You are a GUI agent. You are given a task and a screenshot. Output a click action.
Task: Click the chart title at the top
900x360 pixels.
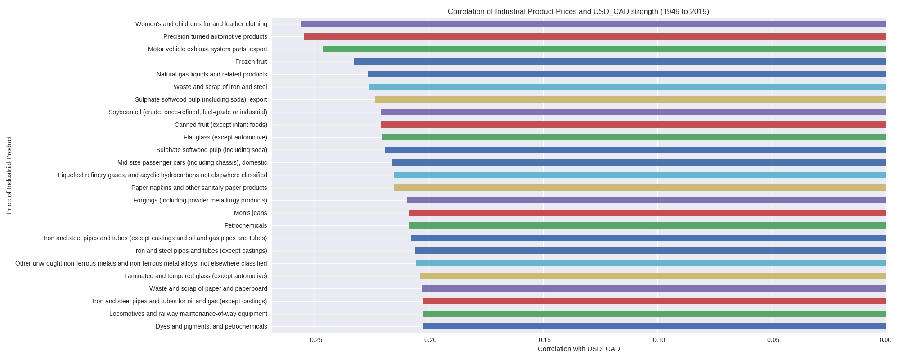(578, 12)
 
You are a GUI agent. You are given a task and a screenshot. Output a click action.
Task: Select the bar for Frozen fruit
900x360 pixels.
(619, 62)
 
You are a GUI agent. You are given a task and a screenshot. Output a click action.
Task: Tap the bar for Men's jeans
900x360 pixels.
(647, 213)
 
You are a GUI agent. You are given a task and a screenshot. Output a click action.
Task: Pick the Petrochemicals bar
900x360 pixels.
(647, 225)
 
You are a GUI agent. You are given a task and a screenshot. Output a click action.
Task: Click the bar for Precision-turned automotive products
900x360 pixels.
(594, 36)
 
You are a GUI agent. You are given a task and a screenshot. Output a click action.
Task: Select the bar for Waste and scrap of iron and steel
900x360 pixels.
(627, 87)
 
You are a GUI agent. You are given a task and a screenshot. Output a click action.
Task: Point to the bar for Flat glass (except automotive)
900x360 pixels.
(634, 137)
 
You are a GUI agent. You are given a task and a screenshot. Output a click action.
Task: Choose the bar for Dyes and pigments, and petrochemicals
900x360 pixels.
(654, 326)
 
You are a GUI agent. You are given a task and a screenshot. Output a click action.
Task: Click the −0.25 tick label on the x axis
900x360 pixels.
(315, 340)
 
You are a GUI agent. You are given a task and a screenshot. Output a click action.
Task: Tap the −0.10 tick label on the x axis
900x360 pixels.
(657, 340)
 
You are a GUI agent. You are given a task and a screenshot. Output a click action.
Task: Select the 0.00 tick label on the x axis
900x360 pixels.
(885, 340)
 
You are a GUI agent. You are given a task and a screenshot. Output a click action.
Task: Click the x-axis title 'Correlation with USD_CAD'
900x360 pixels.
(578, 349)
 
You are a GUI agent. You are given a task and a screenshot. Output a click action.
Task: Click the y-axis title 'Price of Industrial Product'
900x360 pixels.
(9, 175)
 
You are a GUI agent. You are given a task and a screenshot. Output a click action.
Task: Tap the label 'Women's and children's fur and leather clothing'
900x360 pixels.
(201, 24)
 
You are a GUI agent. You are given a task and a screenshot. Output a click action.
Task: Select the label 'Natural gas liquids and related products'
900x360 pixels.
(211, 74)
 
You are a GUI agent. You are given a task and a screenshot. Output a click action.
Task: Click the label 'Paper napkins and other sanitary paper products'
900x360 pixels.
(199, 188)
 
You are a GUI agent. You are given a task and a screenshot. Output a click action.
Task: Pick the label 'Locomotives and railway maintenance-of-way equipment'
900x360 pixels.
(188, 314)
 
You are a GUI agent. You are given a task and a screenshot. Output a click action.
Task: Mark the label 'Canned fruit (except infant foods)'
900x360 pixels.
(220, 125)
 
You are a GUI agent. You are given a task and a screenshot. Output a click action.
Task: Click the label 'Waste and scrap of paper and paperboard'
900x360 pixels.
(208, 288)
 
